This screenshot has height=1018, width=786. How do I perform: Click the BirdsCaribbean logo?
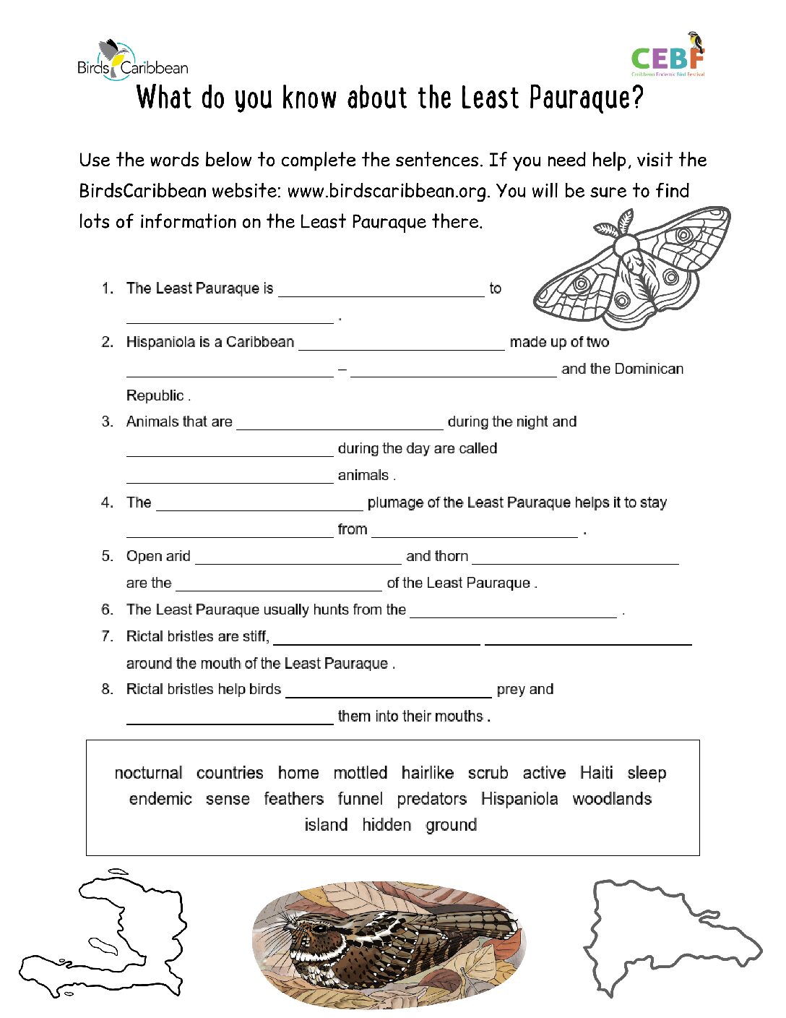coord(132,60)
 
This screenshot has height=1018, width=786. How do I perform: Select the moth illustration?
coord(632,268)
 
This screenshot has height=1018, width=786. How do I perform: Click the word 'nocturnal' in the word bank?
coord(148,773)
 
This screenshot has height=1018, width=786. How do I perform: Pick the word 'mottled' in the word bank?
coord(360,773)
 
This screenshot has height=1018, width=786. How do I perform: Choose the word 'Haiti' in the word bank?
coord(596,773)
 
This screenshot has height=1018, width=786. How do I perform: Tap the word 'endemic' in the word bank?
coord(160,799)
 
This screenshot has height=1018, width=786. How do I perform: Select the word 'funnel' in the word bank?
coord(360,799)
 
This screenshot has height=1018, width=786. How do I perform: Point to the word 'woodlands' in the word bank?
coord(612,799)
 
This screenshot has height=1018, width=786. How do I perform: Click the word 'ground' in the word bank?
coord(451,825)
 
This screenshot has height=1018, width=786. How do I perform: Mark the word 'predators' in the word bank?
coord(431,799)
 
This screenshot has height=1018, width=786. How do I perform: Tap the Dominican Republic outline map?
coord(668,933)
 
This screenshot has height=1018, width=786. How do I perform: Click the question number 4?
coord(107,502)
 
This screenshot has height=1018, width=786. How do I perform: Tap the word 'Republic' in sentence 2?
coord(155,395)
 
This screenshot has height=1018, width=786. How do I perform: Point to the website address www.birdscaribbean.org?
coord(388,191)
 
